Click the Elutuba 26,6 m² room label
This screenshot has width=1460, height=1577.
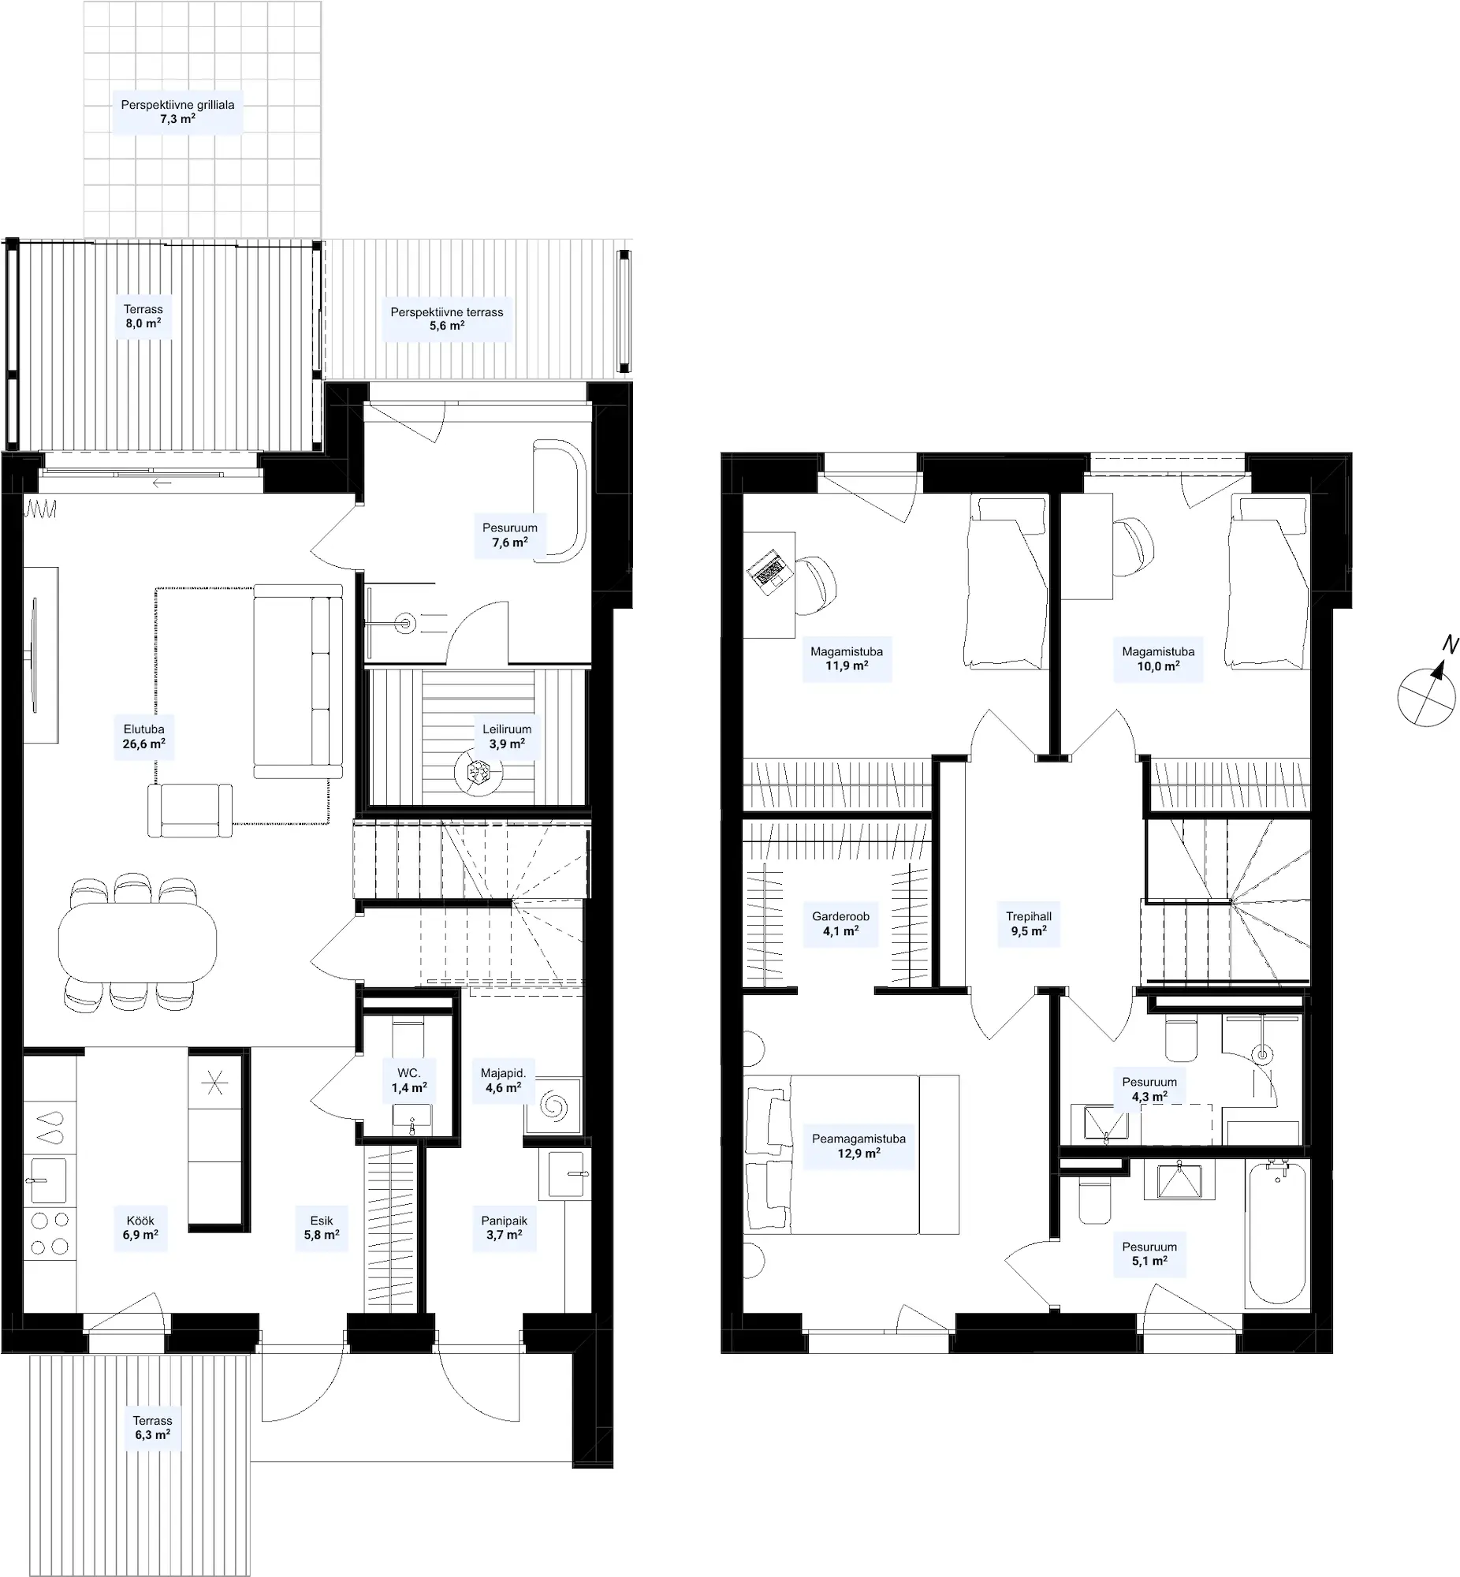(x=143, y=736)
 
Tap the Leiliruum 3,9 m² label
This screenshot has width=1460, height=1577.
(x=506, y=736)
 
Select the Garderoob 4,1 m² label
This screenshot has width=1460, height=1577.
(x=840, y=923)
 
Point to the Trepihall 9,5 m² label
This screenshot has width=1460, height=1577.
(x=1029, y=923)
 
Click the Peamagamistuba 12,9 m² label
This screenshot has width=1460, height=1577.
(x=858, y=1146)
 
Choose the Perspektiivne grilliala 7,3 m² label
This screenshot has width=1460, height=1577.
(x=177, y=111)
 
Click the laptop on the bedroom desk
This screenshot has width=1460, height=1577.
(x=767, y=571)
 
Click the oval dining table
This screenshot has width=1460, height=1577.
(x=137, y=941)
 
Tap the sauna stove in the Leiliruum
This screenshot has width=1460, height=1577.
(x=478, y=772)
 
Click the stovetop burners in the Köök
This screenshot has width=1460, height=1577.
(x=50, y=1233)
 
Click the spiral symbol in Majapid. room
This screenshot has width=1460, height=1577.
(x=553, y=1107)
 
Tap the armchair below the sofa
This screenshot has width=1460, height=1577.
(x=190, y=810)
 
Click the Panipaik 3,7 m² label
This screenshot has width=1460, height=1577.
(x=504, y=1228)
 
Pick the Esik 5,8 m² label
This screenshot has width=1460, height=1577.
(x=322, y=1228)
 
